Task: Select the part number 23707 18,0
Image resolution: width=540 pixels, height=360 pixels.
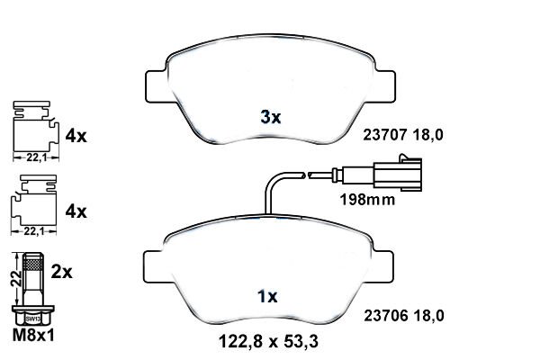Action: coord(403,136)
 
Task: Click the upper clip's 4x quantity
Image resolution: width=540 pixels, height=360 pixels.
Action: coord(76,137)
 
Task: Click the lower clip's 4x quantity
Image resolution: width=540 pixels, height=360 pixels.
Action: coord(76,212)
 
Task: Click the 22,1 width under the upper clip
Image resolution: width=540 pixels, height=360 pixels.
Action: coord(33,157)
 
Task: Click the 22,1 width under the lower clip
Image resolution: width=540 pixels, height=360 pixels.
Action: coord(33,231)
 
